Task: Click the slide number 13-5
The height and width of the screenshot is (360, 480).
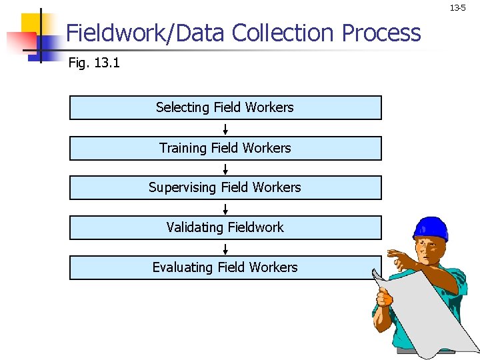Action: coord(457,8)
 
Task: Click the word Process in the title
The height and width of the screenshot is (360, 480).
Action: coord(381,33)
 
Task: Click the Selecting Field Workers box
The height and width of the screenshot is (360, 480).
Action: coord(225,107)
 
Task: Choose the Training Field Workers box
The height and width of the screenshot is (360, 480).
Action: coord(225,148)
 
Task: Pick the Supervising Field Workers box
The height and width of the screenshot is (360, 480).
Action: coord(225,187)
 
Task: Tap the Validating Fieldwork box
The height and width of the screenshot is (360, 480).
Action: coord(225,227)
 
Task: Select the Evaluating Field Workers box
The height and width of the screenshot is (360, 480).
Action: coord(225,267)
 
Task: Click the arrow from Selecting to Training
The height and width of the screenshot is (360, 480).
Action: coord(225,128)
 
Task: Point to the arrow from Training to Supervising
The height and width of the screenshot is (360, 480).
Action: coord(225,168)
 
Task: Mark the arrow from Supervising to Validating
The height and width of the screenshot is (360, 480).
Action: coord(225,208)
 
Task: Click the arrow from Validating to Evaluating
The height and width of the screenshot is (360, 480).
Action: coord(225,248)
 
